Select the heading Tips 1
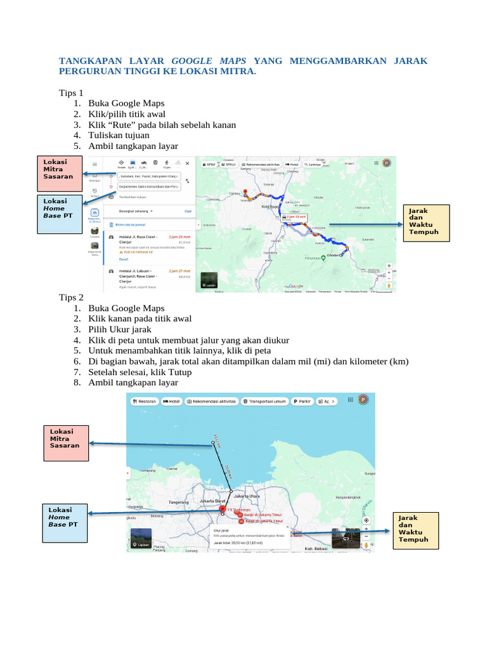coord(71,93)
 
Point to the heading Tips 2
coord(71,297)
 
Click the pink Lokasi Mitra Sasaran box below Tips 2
coord(65,438)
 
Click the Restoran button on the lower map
coord(144,401)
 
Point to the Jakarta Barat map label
coord(212,501)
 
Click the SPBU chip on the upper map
coord(209,164)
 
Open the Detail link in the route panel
coord(124,259)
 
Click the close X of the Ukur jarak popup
coord(287,527)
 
